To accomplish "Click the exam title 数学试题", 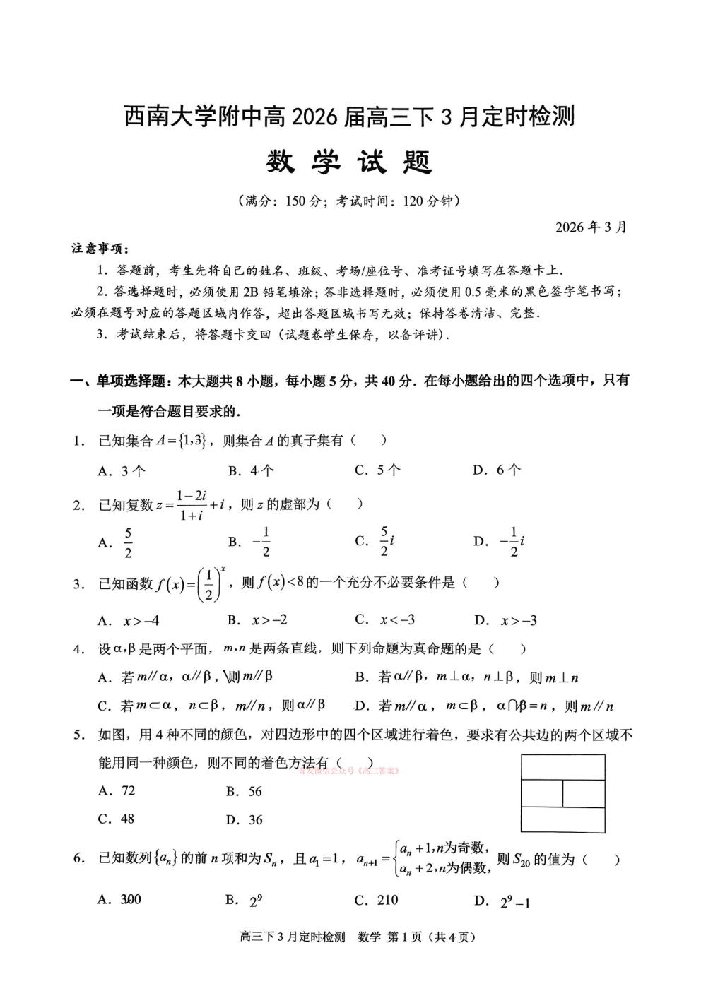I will click(349, 162).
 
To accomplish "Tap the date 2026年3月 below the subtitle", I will click(591, 227).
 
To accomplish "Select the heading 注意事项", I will click(99, 249).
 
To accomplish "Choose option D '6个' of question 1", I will click(497, 470).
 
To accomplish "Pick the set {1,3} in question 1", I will click(191, 441).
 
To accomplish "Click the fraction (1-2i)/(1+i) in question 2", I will click(192, 505).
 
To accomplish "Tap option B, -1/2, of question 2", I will click(252, 542).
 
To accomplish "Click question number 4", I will click(78, 649).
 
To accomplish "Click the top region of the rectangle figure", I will click(562, 767).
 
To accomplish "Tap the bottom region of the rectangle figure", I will click(562, 819).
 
